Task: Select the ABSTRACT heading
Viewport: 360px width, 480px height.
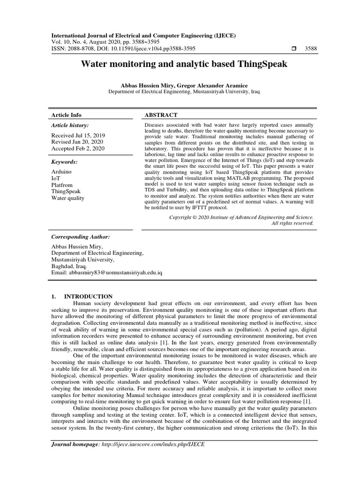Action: click(x=161, y=115)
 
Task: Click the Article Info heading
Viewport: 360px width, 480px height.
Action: click(x=66, y=115)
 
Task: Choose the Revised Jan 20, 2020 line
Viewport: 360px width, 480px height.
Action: click(x=77, y=142)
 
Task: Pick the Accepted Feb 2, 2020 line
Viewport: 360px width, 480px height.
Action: click(x=77, y=149)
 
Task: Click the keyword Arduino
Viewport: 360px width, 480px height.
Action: click(x=61, y=172)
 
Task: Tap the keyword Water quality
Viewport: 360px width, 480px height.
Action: click(x=67, y=198)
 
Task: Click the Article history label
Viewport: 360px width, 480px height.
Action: click(x=69, y=126)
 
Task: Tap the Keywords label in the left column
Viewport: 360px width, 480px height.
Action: click(x=64, y=162)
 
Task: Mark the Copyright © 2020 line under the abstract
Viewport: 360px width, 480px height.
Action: click(x=241, y=217)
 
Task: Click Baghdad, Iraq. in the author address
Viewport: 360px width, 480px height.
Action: click(x=69, y=266)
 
